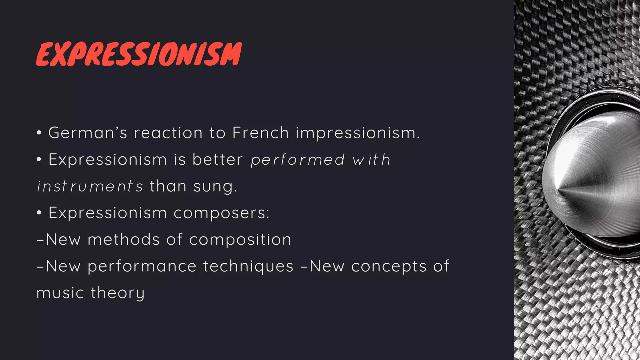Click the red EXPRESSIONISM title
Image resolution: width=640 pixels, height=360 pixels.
pyautogui.click(x=139, y=54)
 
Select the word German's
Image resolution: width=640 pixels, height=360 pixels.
pyautogui.click(x=88, y=133)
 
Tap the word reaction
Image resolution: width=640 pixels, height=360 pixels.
pyautogui.click(x=168, y=133)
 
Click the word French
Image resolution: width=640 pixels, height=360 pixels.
pyautogui.click(x=260, y=133)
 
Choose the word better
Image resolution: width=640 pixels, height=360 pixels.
pyautogui.click(x=217, y=159)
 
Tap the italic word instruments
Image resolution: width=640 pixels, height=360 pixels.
pyautogui.click(x=90, y=187)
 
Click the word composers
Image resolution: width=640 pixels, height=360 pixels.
pyautogui.click(x=221, y=213)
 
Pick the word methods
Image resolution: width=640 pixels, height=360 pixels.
pyautogui.click(x=123, y=240)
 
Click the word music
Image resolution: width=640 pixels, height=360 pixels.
pyautogui.click(x=60, y=293)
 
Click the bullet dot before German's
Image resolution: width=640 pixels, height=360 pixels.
pyautogui.click(x=39, y=133)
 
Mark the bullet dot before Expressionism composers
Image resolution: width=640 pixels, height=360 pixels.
pyautogui.click(x=39, y=213)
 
